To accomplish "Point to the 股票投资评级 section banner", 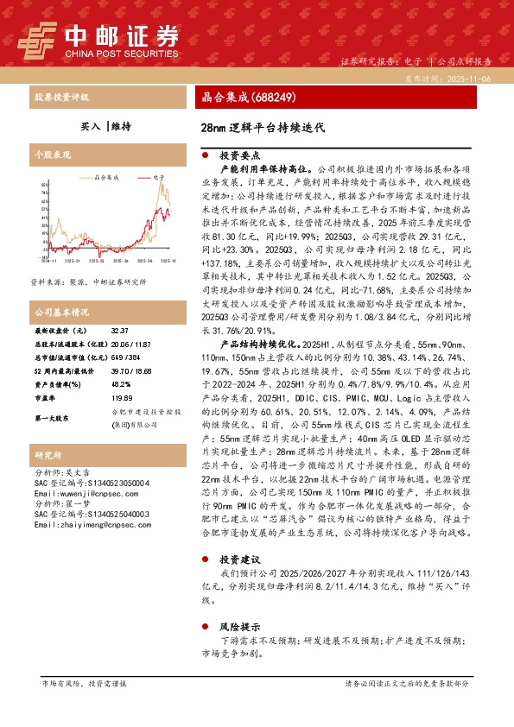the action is click(x=61, y=98).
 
